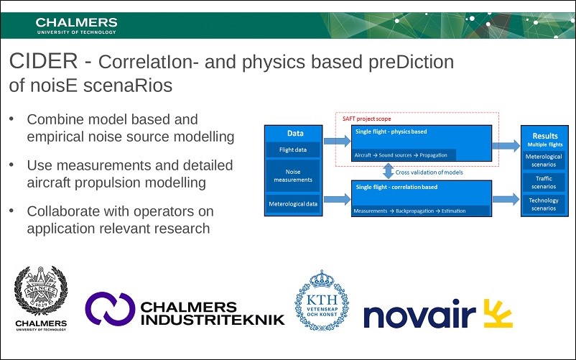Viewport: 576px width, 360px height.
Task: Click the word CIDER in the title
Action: click(x=43, y=61)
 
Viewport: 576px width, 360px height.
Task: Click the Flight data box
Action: click(x=293, y=150)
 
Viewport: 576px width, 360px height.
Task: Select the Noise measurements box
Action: click(x=293, y=175)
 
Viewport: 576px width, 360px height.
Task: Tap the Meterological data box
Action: click(x=293, y=204)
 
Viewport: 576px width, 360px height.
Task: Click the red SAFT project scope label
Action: click(x=366, y=119)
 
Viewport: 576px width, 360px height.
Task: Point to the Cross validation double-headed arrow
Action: click(x=389, y=171)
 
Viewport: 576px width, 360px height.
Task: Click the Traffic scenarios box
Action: click(x=544, y=183)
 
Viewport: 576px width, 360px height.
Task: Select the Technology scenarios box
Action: click(x=544, y=204)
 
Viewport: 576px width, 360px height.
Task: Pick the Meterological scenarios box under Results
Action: click(x=544, y=160)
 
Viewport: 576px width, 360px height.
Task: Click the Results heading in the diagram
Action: click(x=545, y=136)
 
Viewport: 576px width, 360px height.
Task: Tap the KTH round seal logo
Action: click(x=322, y=300)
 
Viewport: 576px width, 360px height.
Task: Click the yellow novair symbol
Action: click(x=498, y=313)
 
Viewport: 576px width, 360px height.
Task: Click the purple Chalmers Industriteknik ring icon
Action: click(x=110, y=308)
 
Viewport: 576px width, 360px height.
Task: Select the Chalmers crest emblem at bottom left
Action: click(x=41, y=291)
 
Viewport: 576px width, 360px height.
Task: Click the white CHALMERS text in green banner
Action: click(x=76, y=22)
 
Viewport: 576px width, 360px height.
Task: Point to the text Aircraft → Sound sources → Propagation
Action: click(x=401, y=155)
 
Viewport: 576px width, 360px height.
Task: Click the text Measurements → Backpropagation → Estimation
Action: click(x=409, y=211)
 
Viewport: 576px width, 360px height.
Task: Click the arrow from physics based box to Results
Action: click(x=506, y=146)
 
